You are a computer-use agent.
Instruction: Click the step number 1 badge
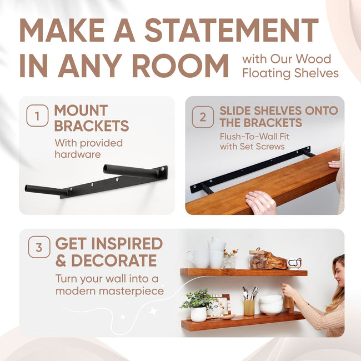pyautogui.click(x=37, y=117)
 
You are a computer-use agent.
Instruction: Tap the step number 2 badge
pyautogui.click(x=203, y=117)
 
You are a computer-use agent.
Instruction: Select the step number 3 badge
pyautogui.click(x=39, y=248)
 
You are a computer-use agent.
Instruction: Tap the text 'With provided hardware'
pyautogui.click(x=88, y=148)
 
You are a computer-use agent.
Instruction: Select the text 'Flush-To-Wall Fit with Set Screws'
pyautogui.click(x=252, y=142)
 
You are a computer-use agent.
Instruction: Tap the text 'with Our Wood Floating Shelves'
pyautogui.click(x=290, y=66)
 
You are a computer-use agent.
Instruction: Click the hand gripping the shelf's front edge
pyautogui.click(x=261, y=203)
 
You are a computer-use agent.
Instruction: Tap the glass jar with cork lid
pyautogui.click(x=257, y=259)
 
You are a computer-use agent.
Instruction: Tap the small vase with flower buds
pyautogui.click(x=228, y=260)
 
